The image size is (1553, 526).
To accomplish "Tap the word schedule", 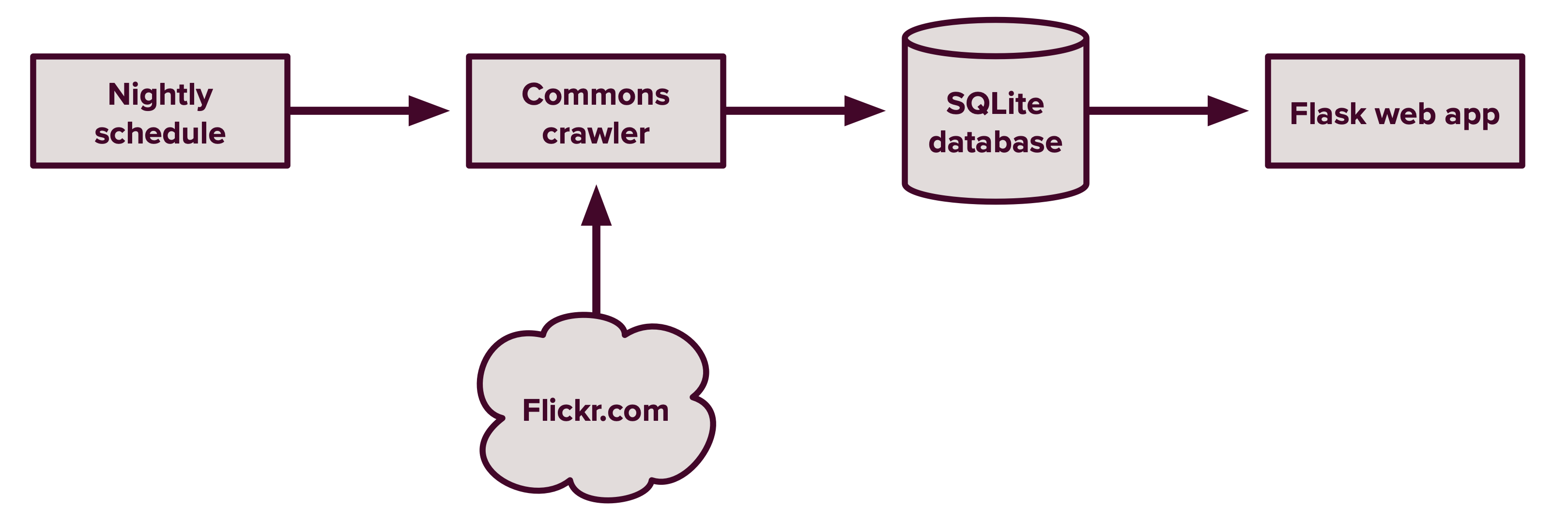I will (160, 133).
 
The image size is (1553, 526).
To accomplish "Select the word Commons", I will (596, 95).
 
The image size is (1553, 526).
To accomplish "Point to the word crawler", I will (596, 133).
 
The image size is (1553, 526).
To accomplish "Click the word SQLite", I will (995, 104).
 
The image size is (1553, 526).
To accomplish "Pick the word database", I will (995, 143).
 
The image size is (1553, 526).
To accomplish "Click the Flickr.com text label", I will (596, 411).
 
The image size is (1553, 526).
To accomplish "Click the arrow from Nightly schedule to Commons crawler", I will (356, 111).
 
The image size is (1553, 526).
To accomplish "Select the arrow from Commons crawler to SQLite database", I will (790, 111).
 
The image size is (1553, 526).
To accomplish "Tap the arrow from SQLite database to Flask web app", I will (1152, 111).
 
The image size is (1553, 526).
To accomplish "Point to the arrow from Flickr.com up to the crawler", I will (596, 265).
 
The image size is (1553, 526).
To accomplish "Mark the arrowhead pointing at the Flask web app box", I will (1226, 111).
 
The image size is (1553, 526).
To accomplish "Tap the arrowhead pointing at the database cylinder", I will (863, 111).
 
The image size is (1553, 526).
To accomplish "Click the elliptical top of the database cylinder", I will (995, 37).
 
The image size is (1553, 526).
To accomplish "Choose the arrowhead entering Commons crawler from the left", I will (428, 111).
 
